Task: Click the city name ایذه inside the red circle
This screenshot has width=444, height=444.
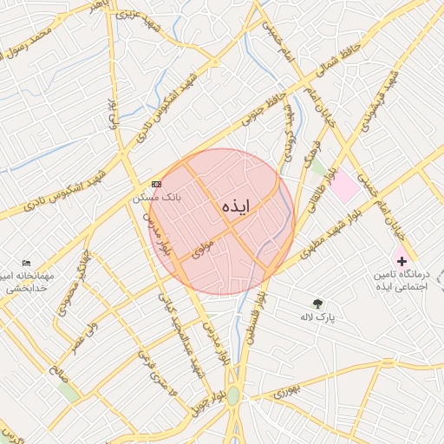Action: coord(235,206)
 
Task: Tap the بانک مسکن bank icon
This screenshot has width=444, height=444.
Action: coord(156,184)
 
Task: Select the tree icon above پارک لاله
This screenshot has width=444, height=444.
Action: coord(318,304)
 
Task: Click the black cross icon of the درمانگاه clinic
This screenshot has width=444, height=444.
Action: coord(402,259)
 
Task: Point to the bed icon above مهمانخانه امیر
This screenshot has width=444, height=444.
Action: coord(27,262)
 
